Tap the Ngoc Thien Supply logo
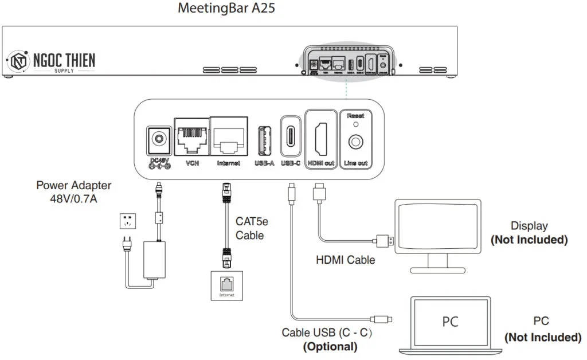point(50,61)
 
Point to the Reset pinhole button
point(355,124)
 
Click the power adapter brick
point(153,260)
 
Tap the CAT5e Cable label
point(250,228)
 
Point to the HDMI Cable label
point(345,260)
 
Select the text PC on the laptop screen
point(450,322)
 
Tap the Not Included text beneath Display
point(529,240)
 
